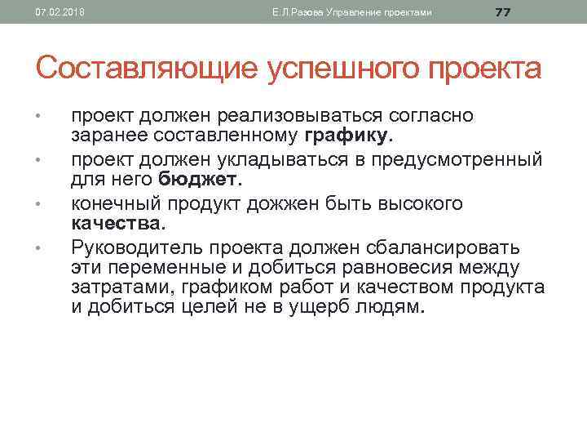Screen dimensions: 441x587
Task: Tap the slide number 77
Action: click(503, 11)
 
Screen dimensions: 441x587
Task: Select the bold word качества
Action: click(118, 223)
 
